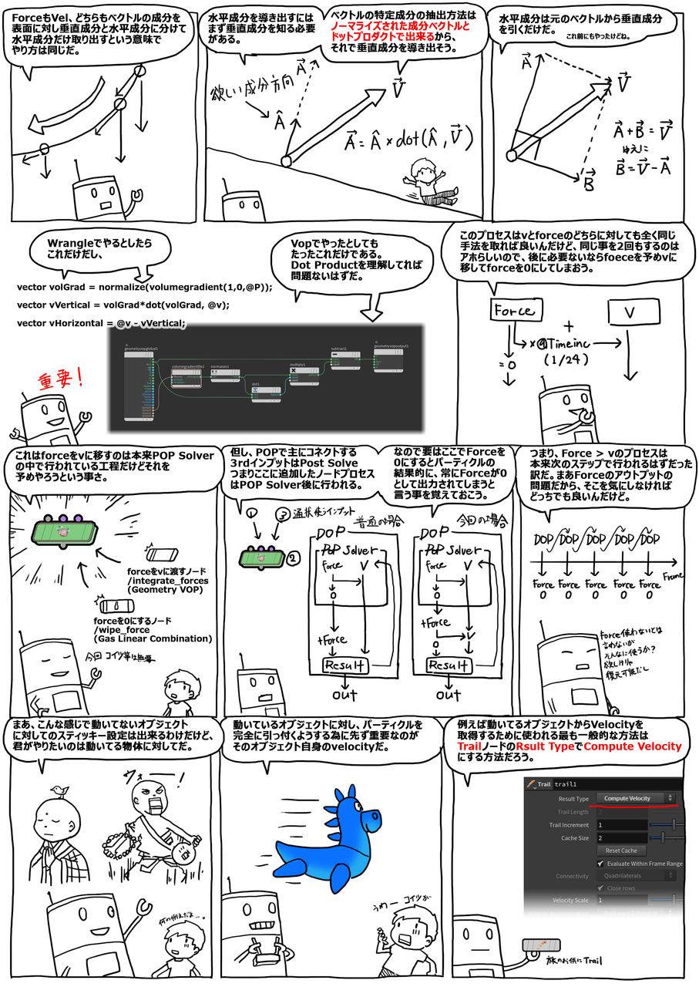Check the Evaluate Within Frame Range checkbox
600,864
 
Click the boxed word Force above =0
513,311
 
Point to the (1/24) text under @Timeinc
565,359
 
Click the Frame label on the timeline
674,575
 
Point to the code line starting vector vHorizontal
101,323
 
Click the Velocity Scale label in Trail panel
570,900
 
